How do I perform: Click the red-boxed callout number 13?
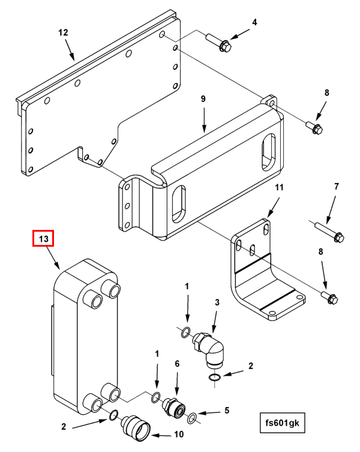(x=43, y=239)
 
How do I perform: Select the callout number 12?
(x=64, y=32)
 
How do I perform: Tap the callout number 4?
(x=254, y=22)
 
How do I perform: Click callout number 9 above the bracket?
(x=203, y=98)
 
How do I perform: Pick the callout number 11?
(x=278, y=188)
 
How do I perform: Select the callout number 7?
(x=337, y=187)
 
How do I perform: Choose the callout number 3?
(x=217, y=302)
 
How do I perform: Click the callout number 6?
(x=177, y=364)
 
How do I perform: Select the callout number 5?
(x=227, y=411)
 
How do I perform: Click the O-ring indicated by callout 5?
(x=193, y=417)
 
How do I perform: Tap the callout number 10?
(x=178, y=435)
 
